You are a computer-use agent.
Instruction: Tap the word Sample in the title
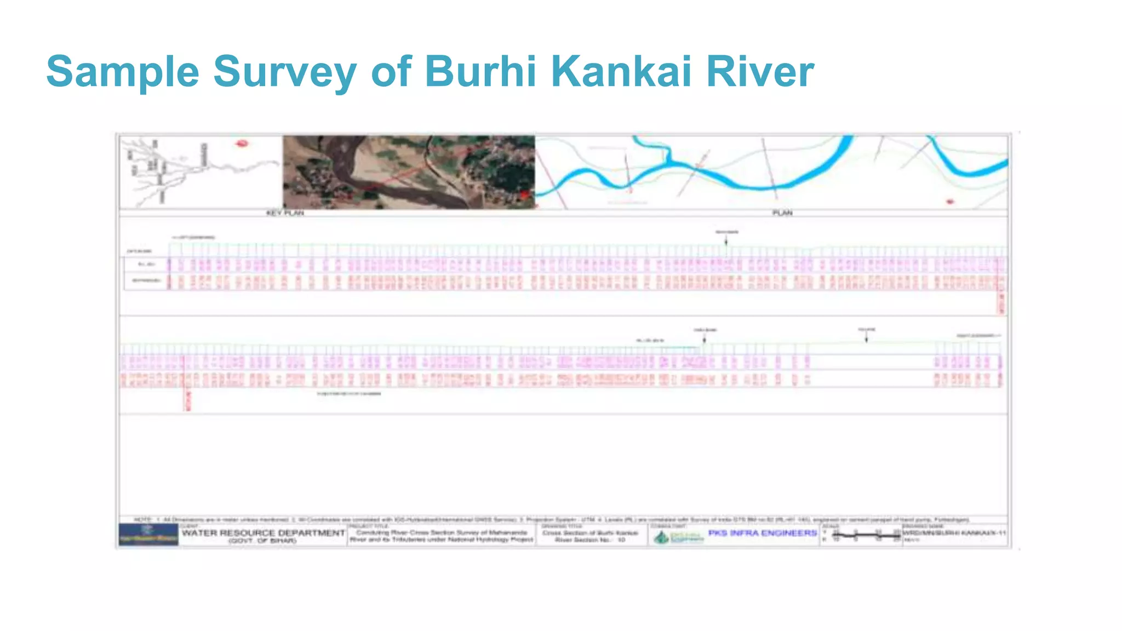click(x=123, y=71)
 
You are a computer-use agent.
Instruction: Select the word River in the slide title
click(x=760, y=71)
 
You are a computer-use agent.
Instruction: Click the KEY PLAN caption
click(x=285, y=213)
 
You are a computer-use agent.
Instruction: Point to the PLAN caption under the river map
click(x=782, y=213)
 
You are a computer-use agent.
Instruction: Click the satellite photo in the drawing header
click(x=409, y=172)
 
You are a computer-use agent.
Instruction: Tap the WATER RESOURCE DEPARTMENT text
click(x=264, y=532)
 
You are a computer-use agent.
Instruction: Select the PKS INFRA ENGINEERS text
click(x=762, y=532)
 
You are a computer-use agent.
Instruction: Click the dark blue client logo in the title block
click(x=148, y=534)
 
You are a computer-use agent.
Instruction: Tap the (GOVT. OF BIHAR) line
click(x=263, y=541)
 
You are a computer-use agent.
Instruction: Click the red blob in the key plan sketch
click(x=242, y=144)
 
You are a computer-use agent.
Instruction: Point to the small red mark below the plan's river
click(x=950, y=202)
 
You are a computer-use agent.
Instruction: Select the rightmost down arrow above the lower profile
click(x=866, y=338)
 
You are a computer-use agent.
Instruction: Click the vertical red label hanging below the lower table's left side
click(x=188, y=400)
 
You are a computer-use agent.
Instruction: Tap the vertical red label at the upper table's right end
click(x=1001, y=301)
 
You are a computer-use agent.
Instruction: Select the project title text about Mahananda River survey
click(x=442, y=536)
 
